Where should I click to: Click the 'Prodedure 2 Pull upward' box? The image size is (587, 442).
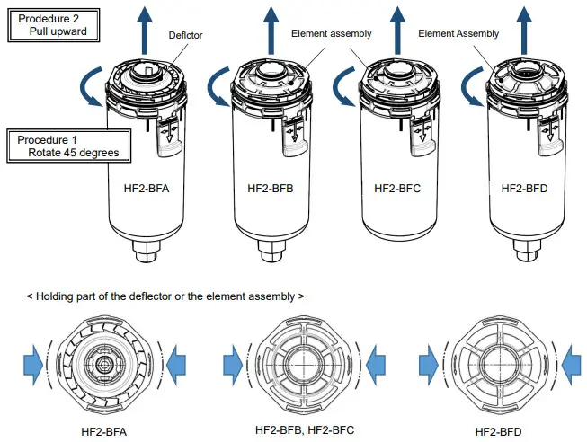(x=56, y=23)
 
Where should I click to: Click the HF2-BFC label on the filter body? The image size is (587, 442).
(x=396, y=190)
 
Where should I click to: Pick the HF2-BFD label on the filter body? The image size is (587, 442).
(x=523, y=190)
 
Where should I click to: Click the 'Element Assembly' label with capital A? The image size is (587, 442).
(x=458, y=34)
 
